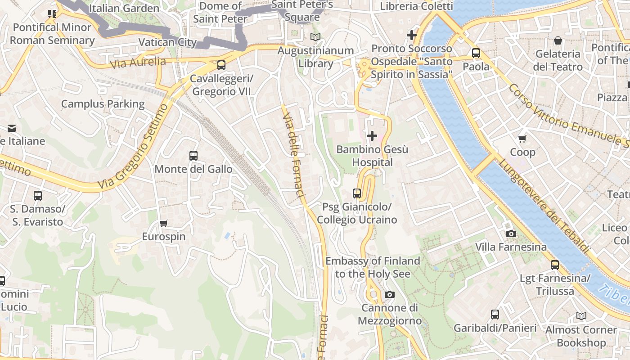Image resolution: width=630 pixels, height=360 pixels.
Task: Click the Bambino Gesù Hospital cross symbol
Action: (372, 135)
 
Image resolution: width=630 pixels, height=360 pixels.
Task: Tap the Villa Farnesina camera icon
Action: (511, 234)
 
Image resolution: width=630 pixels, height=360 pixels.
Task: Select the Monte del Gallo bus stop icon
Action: (193, 156)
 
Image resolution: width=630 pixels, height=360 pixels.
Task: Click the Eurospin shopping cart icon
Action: (164, 223)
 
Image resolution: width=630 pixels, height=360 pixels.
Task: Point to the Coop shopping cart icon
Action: (522, 139)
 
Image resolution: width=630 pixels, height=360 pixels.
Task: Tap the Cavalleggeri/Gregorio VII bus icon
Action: (221, 65)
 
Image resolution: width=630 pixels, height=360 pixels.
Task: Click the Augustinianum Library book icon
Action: (315, 37)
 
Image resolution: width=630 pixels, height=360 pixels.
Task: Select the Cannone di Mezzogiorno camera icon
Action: (390, 294)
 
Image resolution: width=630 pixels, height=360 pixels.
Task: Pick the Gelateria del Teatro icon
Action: (558, 40)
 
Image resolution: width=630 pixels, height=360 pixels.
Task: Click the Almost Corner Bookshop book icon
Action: (581, 316)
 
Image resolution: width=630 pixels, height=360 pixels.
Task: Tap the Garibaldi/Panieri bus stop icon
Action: (495, 315)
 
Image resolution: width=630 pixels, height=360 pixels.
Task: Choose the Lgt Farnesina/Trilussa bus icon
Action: (555, 265)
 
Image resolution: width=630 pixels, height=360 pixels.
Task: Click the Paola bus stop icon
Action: (476, 53)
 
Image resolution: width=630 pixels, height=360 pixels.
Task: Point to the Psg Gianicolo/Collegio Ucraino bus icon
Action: (357, 193)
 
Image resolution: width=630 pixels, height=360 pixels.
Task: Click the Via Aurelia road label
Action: (138, 63)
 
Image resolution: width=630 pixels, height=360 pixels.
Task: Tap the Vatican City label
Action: (167, 42)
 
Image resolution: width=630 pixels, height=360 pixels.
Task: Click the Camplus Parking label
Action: (103, 104)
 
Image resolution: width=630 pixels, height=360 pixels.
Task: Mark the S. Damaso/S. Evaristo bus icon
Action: (38, 196)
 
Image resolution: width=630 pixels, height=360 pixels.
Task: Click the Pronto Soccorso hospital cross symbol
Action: (411, 35)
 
